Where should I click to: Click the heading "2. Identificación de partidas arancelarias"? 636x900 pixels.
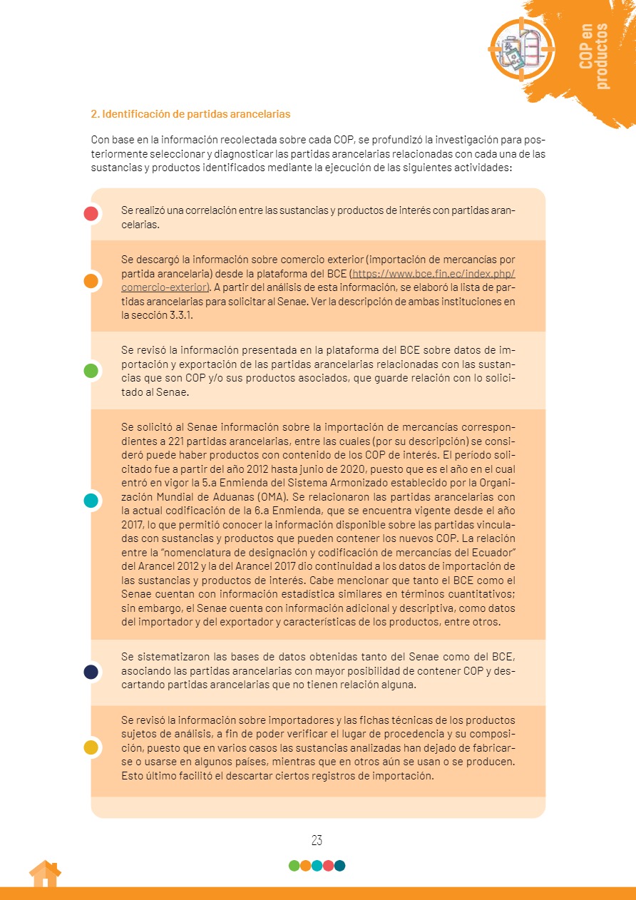(190, 114)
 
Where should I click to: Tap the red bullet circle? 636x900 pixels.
(91, 213)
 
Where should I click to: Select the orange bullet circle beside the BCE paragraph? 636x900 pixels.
(91, 281)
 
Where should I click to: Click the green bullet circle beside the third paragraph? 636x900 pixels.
(91, 371)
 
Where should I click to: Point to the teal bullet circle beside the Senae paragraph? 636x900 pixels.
(91, 501)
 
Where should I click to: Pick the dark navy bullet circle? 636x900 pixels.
(91, 672)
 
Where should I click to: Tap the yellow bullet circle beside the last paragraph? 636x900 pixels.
(91, 747)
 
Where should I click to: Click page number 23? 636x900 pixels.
(317, 840)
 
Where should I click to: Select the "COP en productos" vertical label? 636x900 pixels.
(594, 56)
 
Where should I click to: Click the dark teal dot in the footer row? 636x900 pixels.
(340, 866)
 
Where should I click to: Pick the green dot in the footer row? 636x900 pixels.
(294, 866)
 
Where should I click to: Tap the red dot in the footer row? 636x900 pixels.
(328, 866)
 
